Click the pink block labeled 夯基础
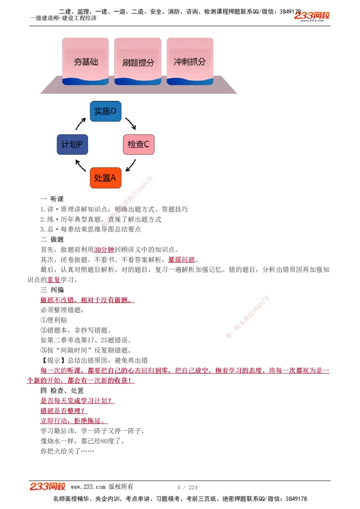(85, 61)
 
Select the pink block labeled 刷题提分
(138, 62)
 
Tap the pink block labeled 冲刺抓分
(189, 61)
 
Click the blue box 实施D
(105, 111)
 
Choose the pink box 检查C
(138, 144)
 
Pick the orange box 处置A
(105, 178)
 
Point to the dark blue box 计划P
(72, 144)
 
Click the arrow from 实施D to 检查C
(130, 123)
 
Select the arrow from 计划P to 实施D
(81, 123)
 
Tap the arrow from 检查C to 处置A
(130, 166)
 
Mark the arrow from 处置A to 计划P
(81, 166)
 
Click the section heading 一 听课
(52, 199)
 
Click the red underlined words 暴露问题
(182, 260)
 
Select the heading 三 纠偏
(52, 290)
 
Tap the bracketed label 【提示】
(53, 361)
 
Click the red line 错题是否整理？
(63, 411)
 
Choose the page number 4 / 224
(187, 487)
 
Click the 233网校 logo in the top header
(312, 16)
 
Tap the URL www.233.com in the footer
(88, 487)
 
